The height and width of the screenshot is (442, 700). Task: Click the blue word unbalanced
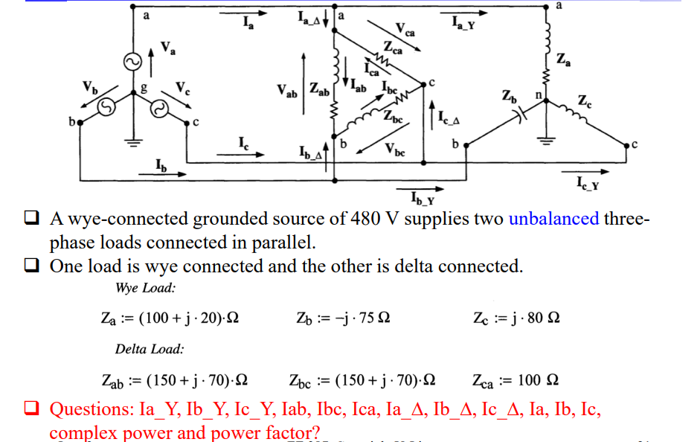[553, 219]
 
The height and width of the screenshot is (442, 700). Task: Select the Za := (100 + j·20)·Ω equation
[170, 318]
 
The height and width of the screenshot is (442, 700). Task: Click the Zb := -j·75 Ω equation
[343, 318]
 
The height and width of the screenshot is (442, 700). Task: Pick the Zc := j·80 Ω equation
[516, 318]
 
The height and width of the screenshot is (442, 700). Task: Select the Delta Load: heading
[150, 348]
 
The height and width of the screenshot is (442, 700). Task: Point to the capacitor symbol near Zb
[521, 116]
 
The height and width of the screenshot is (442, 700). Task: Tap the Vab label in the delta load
[287, 93]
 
